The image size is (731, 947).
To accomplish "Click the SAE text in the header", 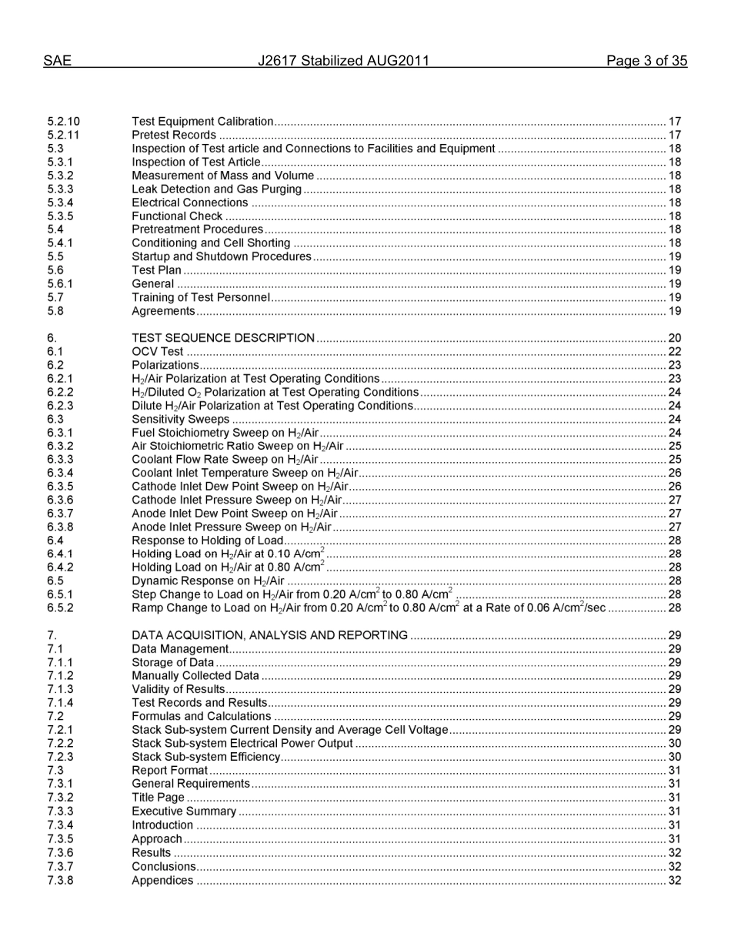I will click(57, 62).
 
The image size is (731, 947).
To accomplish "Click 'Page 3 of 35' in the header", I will click(646, 62).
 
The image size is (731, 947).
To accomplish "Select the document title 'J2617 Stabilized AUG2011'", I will click(343, 62).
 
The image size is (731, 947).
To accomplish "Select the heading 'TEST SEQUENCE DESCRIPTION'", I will click(223, 338).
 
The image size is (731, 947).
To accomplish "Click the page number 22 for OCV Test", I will click(674, 352).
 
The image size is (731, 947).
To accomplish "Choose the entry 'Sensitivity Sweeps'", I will click(181, 420).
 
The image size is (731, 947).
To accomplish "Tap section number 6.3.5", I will click(60, 487).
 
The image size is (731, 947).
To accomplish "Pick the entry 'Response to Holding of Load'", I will click(208, 540).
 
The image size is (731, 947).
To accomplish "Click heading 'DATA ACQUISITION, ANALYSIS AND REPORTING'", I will click(269, 635).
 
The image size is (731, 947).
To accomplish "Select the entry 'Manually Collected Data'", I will click(195, 676).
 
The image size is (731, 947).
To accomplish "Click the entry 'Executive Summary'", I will click(184, 811).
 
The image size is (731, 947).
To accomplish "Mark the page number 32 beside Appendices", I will click(674, 881).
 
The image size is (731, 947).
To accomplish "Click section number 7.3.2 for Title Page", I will click(60, 798).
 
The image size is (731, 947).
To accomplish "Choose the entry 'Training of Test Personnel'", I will click(201, 297).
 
